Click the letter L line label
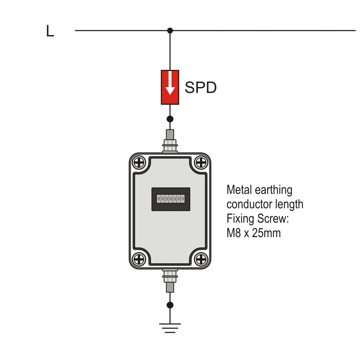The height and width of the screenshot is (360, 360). (x=50, y=31)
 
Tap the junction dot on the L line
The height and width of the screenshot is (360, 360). (x=170, y=31)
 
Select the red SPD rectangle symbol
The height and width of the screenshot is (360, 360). (x=170, y=88)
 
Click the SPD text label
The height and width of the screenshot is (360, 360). (x=201, y=88)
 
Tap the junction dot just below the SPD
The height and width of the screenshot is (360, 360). (x=170, y=119)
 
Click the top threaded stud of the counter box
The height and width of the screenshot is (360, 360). (x=170, y=141)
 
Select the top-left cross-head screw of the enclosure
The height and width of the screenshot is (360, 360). (x=139, y=163)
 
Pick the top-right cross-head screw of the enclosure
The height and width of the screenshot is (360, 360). (x=201, y=163)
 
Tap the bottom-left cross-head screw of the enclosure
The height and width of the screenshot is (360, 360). (x=139, y=259)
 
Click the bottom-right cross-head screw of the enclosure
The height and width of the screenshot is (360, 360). (x=201, y=259)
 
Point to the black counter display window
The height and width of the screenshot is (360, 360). (x=171, y=199)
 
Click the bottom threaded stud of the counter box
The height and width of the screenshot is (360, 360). (x=170, y=281)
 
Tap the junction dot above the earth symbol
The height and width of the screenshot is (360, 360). (x=170, y=305)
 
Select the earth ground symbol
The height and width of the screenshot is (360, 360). (x=170, y=328)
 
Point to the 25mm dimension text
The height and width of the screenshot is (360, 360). (x=266, y=233)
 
